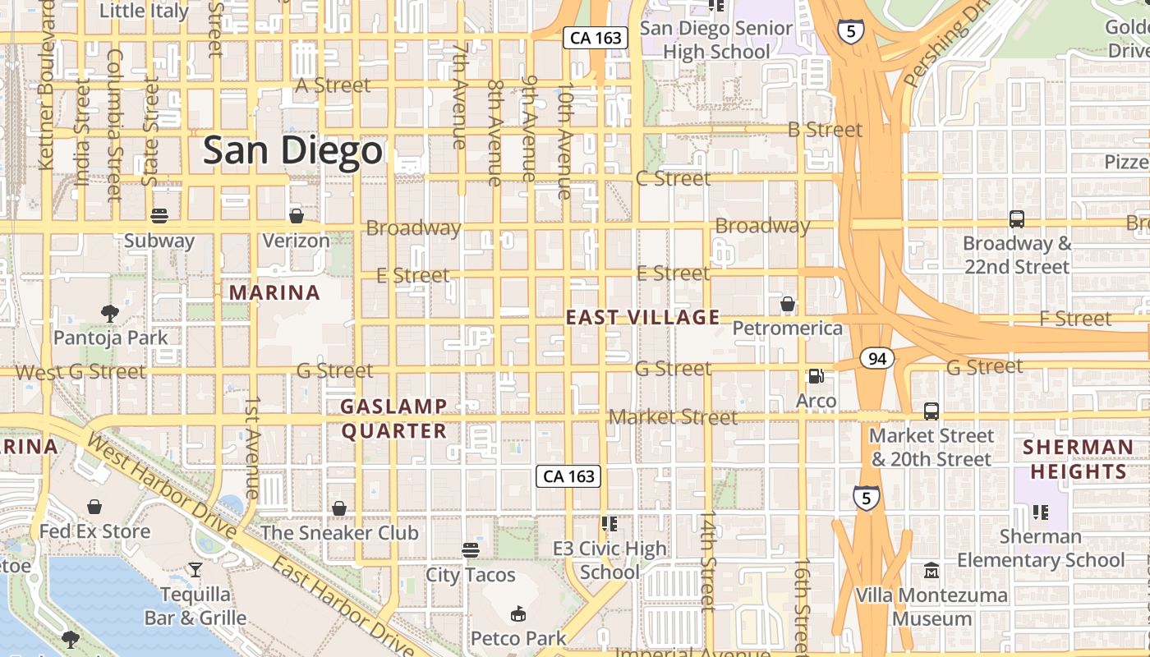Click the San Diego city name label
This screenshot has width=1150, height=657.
[292, 151]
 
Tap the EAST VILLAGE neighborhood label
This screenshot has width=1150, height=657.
[642, 317]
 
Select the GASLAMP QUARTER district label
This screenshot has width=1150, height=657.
[393, 419]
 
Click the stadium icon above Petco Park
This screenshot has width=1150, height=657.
[518, 613]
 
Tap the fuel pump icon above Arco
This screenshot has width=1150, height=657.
[816, 376]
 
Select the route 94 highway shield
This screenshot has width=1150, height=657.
[877, 358]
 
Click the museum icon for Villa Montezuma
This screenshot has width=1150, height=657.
[931, 570]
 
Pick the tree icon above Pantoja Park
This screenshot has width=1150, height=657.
[109, 313]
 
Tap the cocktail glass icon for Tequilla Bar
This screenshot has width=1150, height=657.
[195, 569]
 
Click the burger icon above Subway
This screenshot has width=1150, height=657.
[159, 216]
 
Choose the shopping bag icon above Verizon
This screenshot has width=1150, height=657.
[297, 216]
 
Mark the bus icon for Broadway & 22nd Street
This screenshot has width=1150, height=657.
[1017, 219]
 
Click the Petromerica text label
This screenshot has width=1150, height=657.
[787, 328]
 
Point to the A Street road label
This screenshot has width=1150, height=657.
[333, 85]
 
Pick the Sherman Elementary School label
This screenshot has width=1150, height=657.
[1041, 549]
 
